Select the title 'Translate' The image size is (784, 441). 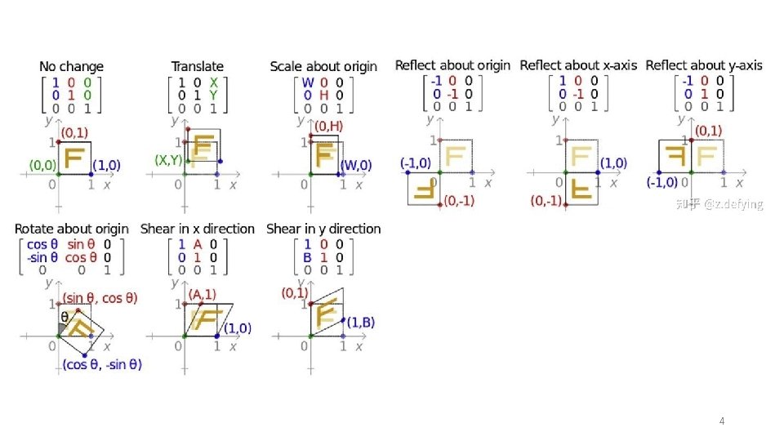click(197, 66)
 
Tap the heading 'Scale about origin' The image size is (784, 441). click(323, 66)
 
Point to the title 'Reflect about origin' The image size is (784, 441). click(452, 65)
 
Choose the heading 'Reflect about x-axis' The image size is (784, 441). click(579, 65)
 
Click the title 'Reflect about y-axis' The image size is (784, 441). click(704, 65)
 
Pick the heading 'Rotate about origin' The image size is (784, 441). click(72, 229)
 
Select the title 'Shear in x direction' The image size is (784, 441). click(198, 229)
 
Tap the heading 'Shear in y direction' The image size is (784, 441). click(323, 229)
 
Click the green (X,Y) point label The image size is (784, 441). click(168, 161)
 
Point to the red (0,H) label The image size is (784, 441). click(328, 126)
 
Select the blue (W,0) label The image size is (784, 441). click(355, 165)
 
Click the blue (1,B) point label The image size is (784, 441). click(361, 323)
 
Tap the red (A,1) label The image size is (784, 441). click(203, 294)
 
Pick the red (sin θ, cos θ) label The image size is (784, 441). click(100, 298)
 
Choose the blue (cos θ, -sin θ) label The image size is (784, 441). click(102, 365)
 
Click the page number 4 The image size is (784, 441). click(721, 421)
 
